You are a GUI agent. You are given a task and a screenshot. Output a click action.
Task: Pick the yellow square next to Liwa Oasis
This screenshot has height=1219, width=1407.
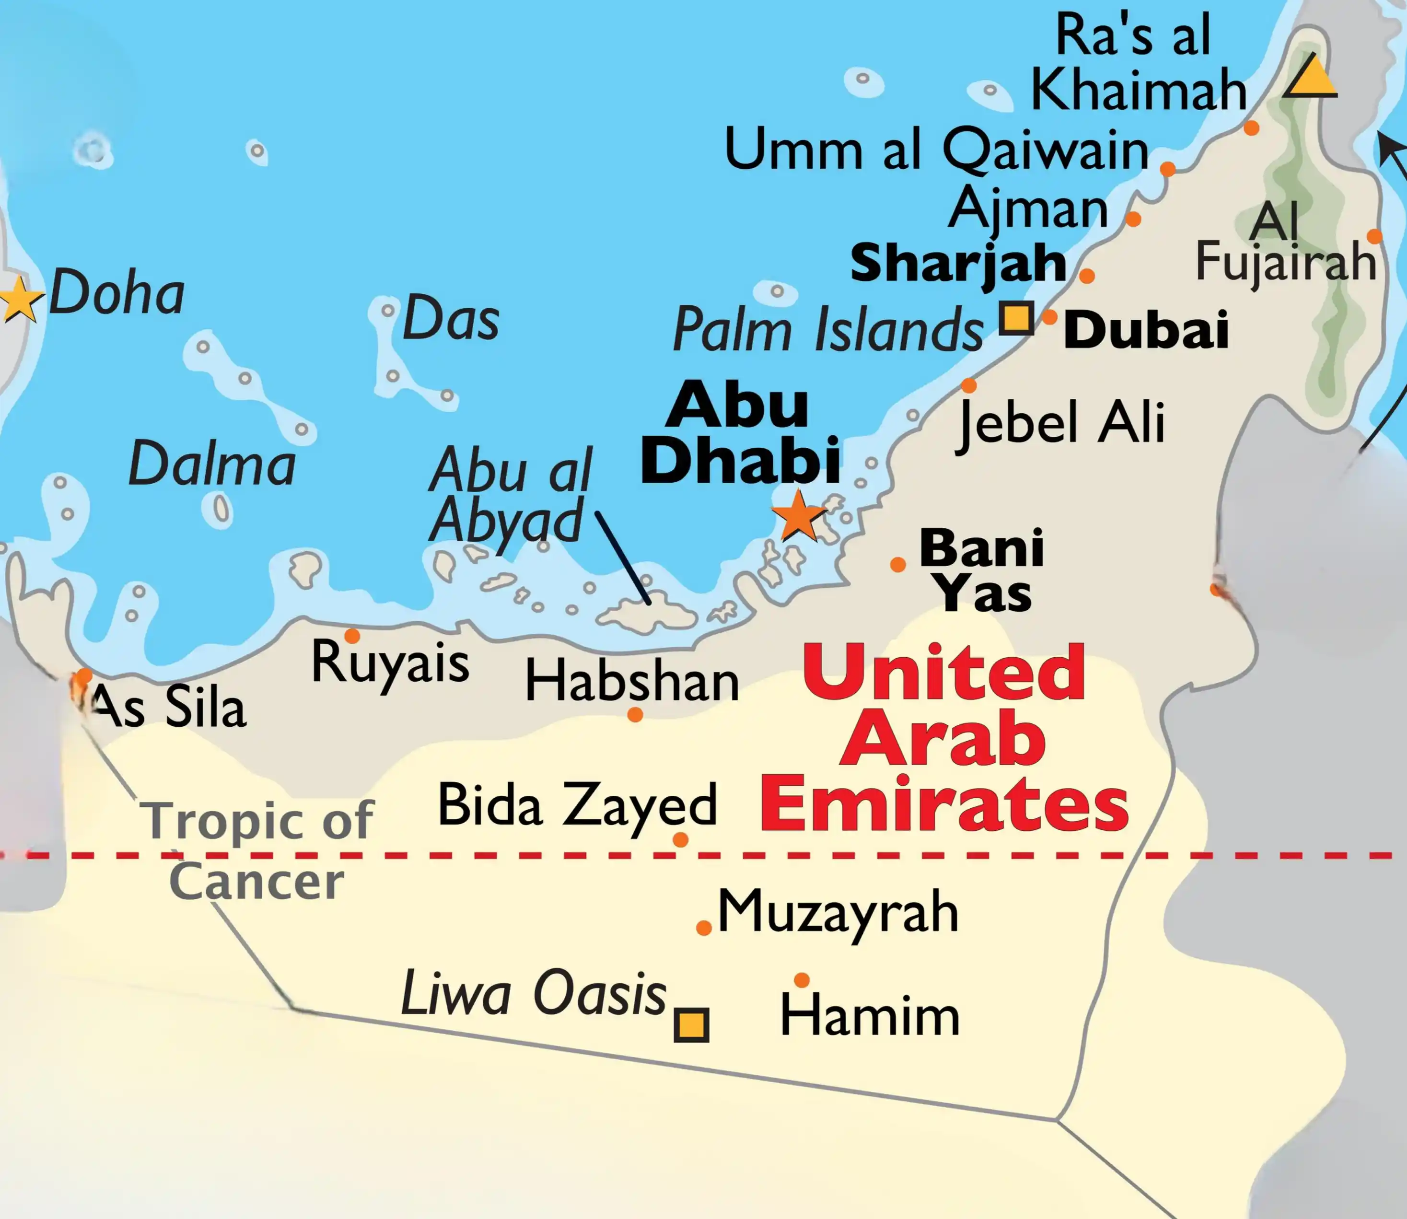click(691, 1024)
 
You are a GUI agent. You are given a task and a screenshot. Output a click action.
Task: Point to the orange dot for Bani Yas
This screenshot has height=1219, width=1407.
click(898, 564)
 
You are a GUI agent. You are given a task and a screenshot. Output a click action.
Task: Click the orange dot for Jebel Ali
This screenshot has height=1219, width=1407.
click(969, 386)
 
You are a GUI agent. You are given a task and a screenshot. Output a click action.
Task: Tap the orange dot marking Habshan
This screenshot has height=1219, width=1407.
click(635, 714)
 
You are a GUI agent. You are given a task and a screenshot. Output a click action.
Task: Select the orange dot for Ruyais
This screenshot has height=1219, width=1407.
click(352, 636)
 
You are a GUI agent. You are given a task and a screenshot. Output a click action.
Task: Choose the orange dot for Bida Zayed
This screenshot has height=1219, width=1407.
click(680, 839)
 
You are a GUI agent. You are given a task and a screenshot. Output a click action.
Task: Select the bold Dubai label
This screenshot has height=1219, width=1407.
click(1146, 330)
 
